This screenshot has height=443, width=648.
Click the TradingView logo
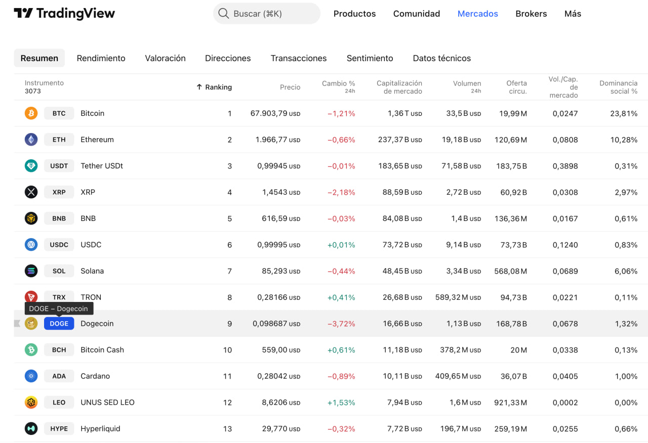point(64,14)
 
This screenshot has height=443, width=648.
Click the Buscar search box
point(267,14)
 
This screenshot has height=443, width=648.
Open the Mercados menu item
point(477,14)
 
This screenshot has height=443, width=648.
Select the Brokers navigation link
point(531,14)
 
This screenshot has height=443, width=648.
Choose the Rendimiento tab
point(101,58)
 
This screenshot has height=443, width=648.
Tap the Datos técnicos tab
point(441,58)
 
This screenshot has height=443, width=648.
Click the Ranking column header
point(214,87)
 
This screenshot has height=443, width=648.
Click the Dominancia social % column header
point(618,87)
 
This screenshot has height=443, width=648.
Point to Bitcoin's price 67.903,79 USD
point(275,113)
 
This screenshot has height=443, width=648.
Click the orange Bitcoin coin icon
point(31,113)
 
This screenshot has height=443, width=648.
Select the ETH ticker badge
point(59,140)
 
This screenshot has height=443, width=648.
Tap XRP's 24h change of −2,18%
point(341,192)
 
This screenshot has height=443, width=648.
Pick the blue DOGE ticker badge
point(59,324)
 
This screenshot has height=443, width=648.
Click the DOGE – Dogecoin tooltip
point(59,308)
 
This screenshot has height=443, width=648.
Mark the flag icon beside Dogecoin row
point(17,324)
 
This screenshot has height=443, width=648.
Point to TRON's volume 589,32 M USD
point(458,297)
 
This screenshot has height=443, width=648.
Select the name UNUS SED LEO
point(107,403)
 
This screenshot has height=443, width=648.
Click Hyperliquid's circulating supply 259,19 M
point(510,429)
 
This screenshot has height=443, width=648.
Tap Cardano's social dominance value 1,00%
point(626,376)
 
